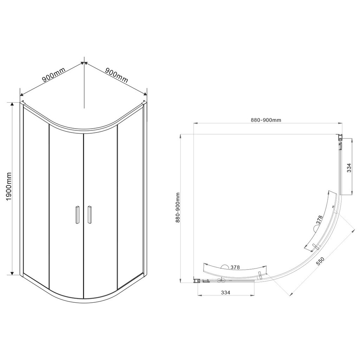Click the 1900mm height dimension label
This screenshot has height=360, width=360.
click(8, 186)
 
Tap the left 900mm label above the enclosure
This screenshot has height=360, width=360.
click(54, 75)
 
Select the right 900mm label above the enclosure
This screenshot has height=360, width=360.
click(116, 75)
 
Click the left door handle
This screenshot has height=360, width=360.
click(77, 214)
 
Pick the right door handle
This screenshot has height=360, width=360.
click(89, 214)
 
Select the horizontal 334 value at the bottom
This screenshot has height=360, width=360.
click(225, 292)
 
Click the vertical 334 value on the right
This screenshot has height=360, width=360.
click(349, 168)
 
